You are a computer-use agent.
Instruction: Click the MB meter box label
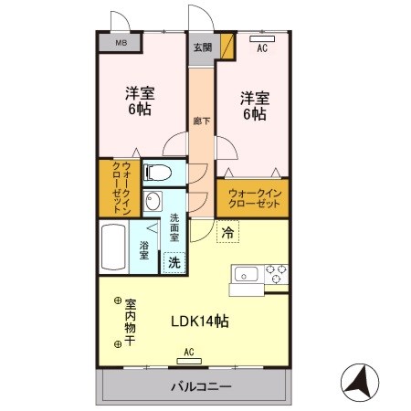(x=121, y=43)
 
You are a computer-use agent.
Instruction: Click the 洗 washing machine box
(x=173, y=262)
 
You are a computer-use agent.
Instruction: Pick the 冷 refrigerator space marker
(x=225, y=233)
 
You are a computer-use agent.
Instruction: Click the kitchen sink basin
(x=245, y=272)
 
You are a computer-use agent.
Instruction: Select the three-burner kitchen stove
(x=275, y=272)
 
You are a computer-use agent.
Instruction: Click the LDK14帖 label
(x=200, y=321)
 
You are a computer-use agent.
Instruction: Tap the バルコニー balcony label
(x=200, y=387)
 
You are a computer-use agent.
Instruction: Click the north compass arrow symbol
(x=358, y=380)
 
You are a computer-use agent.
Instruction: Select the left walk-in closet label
(x=114, y=186)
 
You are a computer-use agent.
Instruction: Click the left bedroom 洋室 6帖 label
(x=139, y=101)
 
